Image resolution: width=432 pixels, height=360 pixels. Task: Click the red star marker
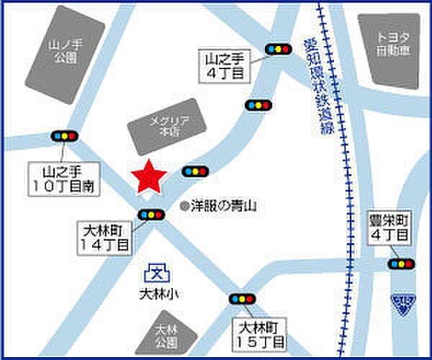click(148, 177)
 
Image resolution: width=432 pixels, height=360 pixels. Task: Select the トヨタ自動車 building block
click(388, 50)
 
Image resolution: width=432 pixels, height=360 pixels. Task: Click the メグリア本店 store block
click(162, 126)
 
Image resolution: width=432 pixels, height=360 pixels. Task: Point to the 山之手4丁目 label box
click(223, 65)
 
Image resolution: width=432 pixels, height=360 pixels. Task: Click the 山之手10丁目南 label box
click(64, 179)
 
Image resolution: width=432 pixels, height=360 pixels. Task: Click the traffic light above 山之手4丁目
click(277, 50)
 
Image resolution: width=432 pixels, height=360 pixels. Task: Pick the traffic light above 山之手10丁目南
click(64, 135)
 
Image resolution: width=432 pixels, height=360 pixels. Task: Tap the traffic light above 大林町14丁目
click(151, 214)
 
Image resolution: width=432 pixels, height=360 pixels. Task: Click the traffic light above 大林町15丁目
click(242, 299)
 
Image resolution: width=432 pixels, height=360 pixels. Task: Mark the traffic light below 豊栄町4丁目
click(401, 264)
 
